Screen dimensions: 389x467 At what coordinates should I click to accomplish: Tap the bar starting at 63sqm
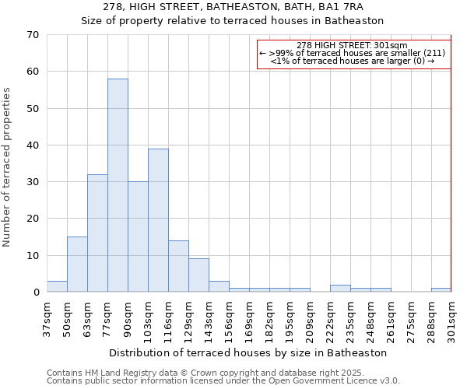(97, 233)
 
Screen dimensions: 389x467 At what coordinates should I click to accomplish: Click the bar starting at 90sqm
(138, 237)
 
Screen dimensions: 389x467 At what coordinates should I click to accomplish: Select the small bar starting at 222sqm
(340, 289)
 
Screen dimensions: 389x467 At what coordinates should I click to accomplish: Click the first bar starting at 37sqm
(57, 286)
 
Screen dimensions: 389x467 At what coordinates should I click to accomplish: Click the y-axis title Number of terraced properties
(8, 167)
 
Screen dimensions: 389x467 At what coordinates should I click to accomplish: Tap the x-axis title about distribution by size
(248, 352)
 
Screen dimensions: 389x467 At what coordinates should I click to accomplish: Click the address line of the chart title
(233, 7)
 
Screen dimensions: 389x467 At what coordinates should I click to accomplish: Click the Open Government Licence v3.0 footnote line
(223, 381)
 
